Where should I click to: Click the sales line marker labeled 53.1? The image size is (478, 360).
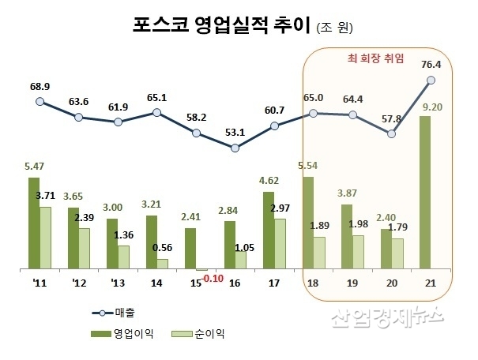coord(235,147)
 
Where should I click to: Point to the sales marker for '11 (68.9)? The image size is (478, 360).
coord(40,101)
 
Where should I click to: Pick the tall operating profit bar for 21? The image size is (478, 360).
coord(425,193)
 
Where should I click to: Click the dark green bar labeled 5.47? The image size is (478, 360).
coord(34,223)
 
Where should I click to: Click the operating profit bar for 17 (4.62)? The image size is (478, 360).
coord(269,231)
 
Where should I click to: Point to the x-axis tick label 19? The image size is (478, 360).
coord(352,283)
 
